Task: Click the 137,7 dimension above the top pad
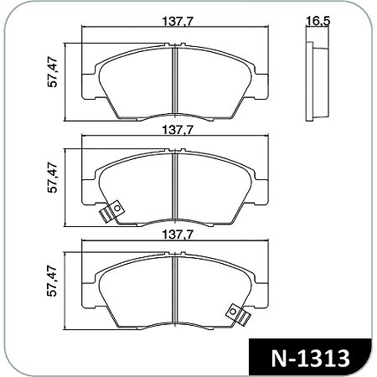173,22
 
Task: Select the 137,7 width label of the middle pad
173,131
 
